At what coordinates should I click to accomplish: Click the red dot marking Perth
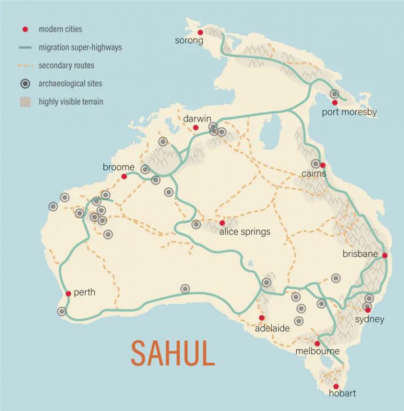pos(68,293)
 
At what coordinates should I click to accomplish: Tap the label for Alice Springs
pos(245,232)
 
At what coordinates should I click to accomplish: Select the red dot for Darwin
pos(196,128)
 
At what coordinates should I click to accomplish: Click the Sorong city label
pos(189,40)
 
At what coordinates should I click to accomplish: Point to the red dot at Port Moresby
pos(335,103)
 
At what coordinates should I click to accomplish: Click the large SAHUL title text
pos(173,353)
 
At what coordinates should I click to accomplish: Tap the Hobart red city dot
pos(336,386)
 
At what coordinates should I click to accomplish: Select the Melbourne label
pos(318,352)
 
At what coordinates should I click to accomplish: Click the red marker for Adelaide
pos(261,318)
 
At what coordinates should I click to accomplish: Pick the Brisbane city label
pos(360,254)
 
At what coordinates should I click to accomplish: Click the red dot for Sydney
pos(368,310)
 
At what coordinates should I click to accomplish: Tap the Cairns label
pos(314,174)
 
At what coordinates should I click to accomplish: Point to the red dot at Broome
pos(124,176)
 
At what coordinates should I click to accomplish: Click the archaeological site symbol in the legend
pos(25,84)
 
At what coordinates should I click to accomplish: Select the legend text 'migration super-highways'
pos(80,48)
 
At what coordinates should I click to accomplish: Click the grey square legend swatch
pos(25,101)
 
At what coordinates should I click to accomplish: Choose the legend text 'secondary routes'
pos(66,66)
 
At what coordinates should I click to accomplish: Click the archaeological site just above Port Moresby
pos(334,94)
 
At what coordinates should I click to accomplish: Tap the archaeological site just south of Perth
pos(62,311)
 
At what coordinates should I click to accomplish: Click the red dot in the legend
pos(25,29)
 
